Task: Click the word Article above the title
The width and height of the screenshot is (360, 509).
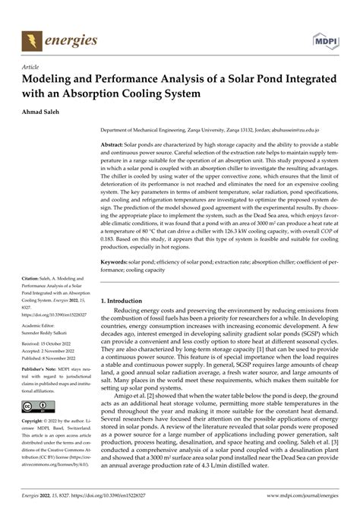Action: click(32, 66)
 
